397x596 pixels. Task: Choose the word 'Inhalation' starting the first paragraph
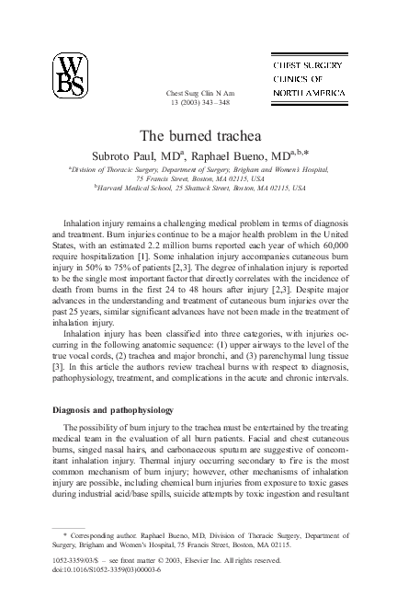coord(82,223)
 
